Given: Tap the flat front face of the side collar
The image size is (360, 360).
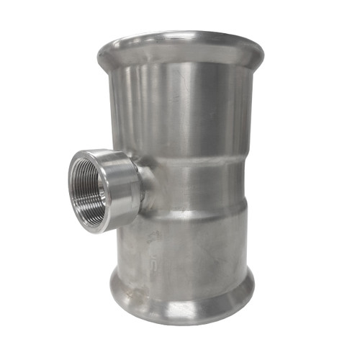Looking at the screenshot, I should pos(78,209).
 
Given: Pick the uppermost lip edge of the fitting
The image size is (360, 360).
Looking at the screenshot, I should pos(180,32).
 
